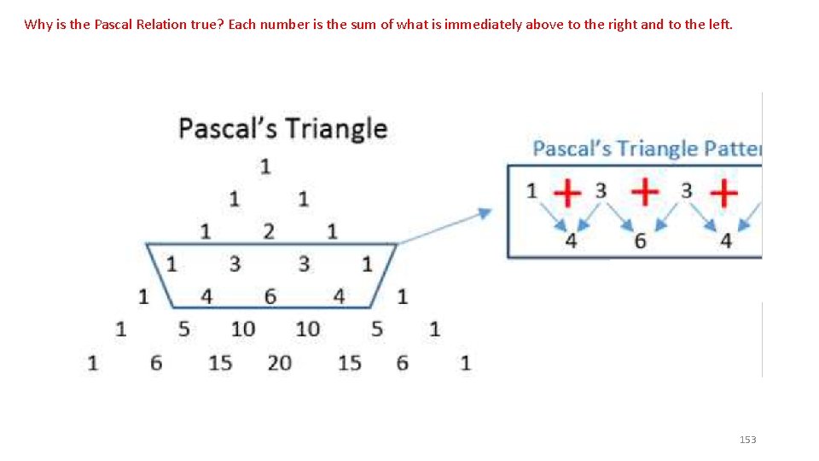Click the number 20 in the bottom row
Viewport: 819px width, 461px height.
(x=279, y=363)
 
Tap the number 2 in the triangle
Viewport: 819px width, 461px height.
(x=269, y=230)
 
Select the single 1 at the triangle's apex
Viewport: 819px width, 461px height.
(x=265, y=166)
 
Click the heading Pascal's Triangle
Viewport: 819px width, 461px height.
(x=282, y=129)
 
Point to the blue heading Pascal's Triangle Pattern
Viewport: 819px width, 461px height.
(x=646, y=149)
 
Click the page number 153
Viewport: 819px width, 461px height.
(x=747, y=440)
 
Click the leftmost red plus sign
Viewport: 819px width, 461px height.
(x=566, y=193)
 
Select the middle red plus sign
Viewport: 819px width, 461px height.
(x=645, y=192)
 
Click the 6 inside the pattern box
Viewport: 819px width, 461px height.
(x=640, y=241)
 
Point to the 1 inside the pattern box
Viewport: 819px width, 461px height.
(x=532, y=190)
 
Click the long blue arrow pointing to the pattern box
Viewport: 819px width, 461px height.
(x=444, y=225)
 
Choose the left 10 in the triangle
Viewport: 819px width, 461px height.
(x=243, y=329)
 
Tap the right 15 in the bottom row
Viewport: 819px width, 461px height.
(x=350, y=363)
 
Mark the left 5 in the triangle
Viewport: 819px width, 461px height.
(x=183, y=329)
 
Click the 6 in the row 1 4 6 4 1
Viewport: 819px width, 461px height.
(x=270, y=297)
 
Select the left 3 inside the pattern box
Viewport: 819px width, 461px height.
(x=601, y=190)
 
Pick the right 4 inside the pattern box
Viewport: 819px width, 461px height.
(x=725, y=241)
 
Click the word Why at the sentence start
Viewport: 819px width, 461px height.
(x=38, y=24)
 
